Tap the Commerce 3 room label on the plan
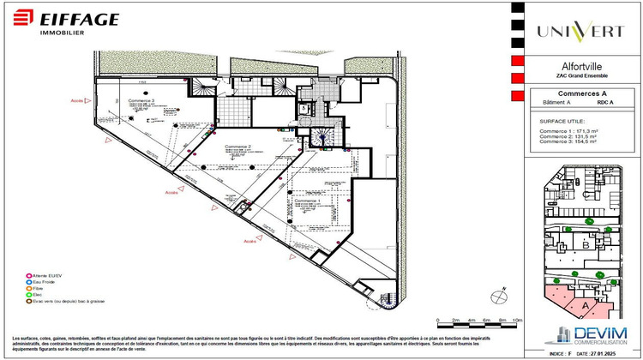tap(141, 102)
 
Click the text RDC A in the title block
tap(605, 103)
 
